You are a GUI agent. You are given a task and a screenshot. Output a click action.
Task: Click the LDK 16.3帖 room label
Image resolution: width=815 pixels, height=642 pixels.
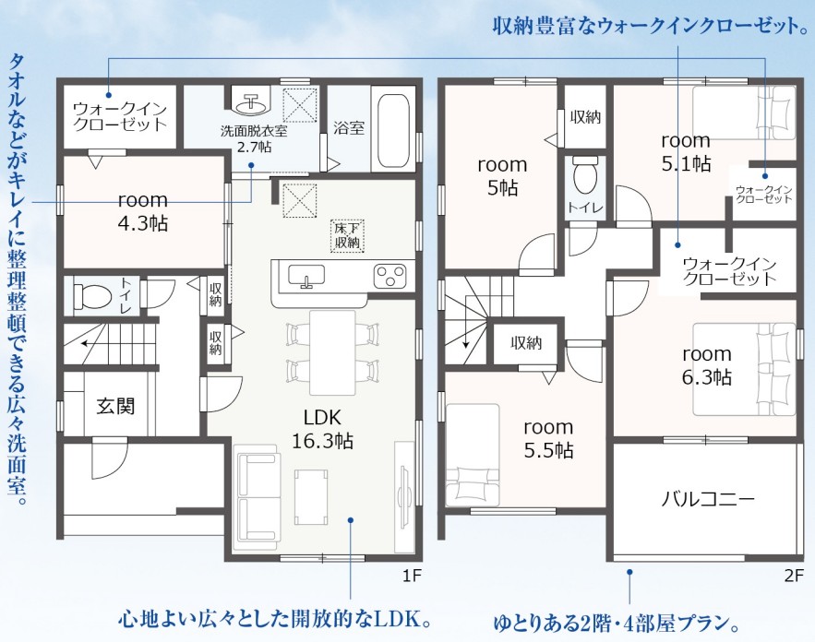tap(322, 429)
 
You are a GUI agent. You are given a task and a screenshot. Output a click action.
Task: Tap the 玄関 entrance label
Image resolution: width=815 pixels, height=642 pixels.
tap(115, 406)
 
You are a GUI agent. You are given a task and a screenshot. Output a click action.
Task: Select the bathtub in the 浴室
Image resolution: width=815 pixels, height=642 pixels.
tap(394, 128)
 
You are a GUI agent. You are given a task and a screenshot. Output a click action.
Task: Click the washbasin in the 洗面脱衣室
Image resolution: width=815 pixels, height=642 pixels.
tap(252, 102)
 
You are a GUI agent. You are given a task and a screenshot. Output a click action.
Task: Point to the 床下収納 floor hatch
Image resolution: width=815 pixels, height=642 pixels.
tap(348, 235)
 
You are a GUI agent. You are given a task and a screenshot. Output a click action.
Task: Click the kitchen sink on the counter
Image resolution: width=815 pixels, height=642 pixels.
tap(306, 276)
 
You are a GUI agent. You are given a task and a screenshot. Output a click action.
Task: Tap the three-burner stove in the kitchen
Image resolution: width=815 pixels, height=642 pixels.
tap(390, 275)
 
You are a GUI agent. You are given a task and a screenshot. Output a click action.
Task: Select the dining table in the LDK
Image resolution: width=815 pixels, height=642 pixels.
tap(332, 352)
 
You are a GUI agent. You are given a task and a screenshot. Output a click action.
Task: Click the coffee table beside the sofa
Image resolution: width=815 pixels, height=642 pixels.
tap(311, 496)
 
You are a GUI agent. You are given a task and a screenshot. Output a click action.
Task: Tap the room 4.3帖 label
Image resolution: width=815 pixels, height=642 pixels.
tap(143, 212)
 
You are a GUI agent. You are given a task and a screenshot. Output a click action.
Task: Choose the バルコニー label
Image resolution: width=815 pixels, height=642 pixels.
tap(707, 499)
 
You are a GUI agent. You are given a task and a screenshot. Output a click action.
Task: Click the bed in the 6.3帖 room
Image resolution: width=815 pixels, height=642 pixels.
tap(744, 369)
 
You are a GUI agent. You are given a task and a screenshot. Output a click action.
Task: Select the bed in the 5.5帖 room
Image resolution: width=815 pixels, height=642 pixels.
tap(473, 455)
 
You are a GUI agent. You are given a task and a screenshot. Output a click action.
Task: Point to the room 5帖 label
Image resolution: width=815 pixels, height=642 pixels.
tap(502, 176)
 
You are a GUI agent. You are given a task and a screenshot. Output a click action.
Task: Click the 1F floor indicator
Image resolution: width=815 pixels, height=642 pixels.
tap(411, 576)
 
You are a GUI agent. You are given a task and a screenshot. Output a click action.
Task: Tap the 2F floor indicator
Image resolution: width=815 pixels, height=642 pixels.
tap(794, 576)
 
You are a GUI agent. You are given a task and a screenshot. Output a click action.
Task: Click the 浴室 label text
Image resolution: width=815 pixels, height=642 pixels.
tap(349, 128)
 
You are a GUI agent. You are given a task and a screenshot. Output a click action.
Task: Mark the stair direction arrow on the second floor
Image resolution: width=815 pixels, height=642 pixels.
tap(465, 322)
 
